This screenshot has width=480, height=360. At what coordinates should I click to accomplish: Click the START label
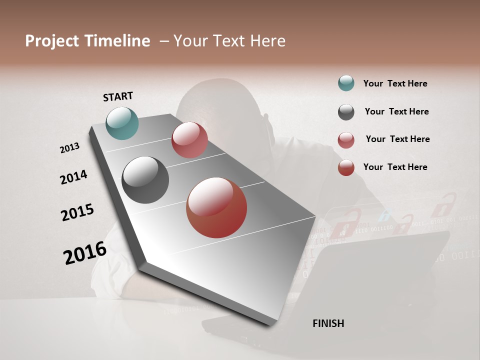118,96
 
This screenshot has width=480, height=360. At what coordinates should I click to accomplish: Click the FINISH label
328,323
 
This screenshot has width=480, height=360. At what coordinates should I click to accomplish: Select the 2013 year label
69,148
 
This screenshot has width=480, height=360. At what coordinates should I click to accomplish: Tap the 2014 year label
73,177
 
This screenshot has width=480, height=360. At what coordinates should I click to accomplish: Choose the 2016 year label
85,253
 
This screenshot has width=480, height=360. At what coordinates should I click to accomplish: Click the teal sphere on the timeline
122,123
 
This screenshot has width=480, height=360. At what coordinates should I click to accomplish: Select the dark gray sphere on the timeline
145,180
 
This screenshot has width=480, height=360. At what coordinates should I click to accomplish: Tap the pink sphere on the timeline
189,140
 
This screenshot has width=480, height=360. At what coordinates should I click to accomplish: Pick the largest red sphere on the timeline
216,207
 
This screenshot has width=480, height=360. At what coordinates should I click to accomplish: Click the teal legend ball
346,83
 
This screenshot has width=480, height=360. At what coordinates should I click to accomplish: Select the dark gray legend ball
346,112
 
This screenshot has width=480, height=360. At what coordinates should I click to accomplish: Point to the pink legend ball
346,140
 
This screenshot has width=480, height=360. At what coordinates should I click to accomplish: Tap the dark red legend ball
346,167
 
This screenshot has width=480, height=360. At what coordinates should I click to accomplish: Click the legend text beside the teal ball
395,83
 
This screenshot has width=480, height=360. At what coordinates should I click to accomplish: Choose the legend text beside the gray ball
396,111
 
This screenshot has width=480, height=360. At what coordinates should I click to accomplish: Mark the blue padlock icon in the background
384,216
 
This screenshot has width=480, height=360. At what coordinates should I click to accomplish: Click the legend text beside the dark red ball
395,167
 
